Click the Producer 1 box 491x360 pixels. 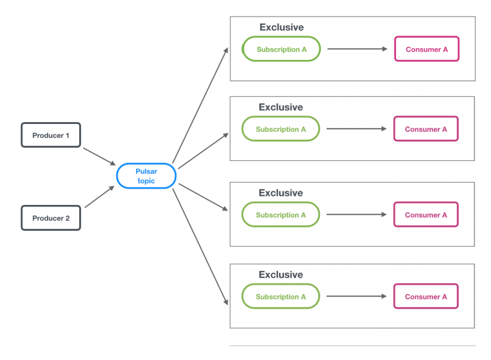51,135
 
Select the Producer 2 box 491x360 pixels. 51,218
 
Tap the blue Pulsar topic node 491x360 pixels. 146,176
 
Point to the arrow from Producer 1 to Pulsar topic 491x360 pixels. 99,156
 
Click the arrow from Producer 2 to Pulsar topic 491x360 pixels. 99,197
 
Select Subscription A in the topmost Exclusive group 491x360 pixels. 281,49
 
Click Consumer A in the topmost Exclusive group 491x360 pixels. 426,49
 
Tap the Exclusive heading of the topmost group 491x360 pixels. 281,28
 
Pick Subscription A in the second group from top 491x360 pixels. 280,129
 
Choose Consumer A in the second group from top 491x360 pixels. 426,129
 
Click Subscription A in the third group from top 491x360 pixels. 280,215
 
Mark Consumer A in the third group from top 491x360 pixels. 426,215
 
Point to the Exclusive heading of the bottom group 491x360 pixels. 280,274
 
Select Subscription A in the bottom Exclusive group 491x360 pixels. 280,297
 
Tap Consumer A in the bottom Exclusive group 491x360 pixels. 426,297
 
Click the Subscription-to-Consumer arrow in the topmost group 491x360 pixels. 356,49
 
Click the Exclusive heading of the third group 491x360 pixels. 280,193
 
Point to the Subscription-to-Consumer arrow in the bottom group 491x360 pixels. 356,297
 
